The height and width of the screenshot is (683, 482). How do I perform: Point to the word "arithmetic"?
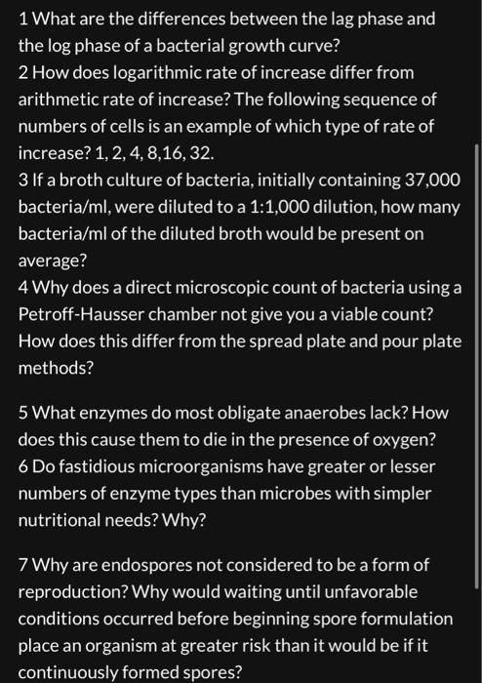coord(60,100)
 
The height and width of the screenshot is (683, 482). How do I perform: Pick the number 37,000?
coord(426,181)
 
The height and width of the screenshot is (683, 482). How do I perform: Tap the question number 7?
coord(23,565)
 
